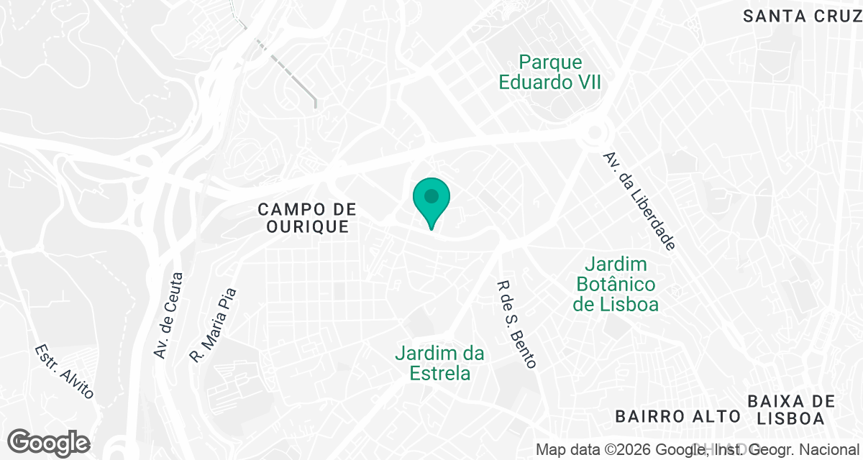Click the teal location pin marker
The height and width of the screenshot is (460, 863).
pyautogui.click(x=431, y=202)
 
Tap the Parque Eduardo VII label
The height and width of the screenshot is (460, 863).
pyautogui.click(x=550, y=73)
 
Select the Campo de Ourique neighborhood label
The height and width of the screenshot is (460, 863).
pyautogui.click(x=307, y=218)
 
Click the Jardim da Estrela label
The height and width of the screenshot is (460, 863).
pyautogui.click(x=439, y=364)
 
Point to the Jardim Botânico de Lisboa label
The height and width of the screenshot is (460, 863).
pyautogui.click(x=616, y=285)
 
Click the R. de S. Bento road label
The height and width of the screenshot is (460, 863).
pyautogui.click(x=516, y=324)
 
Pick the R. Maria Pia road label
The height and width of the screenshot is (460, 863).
pyautogui.click(x=213, y=325)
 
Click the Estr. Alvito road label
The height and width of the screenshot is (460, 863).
pyautogui.click(x=64, y=372)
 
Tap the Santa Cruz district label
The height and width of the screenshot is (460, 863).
pyautogui.click(x=797, y=17)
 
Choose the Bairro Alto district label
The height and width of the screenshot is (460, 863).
pyautogui.click(x=677, y=416)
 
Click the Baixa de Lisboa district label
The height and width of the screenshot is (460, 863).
pyautogui.click(x=791, y=410)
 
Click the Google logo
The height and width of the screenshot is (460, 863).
pyautogui.click(x=48, y=443)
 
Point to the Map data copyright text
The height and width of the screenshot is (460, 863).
pyautogui.click(x=698, y=451)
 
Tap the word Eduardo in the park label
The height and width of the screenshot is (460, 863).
pyautogui.click(x=530, y=82)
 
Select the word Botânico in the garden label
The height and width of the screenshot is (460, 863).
pyautogui.click(x=616, y=285)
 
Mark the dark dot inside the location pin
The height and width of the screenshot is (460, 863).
pyautogui.click(x=431, y=195)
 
